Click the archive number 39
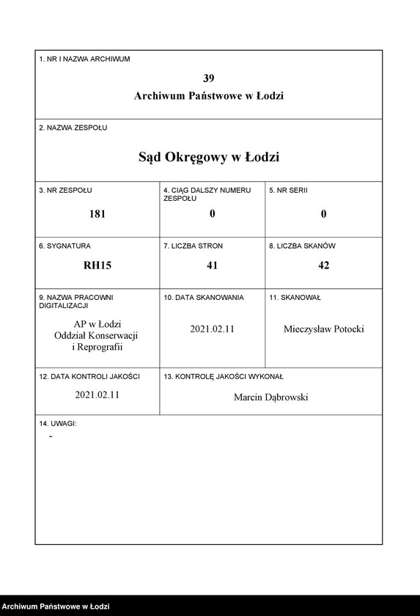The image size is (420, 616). [x=209, y=78]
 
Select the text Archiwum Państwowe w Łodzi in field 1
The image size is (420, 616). [x=209, y=96]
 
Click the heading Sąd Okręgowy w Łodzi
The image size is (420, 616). [x=209, y=157]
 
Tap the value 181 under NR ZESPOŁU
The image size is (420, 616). [x=97, y=214]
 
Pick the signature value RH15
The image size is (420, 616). [x=97, y=265]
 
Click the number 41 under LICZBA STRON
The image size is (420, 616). [x=212, y=265]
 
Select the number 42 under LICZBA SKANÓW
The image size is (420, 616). [x=323, y=265]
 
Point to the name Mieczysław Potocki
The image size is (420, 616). [x=323, y=329]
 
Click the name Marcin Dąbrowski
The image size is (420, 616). [x=271, y=397]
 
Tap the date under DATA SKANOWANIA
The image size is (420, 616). [x=212, y=329]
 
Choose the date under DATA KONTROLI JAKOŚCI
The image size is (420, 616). [x=97, y=394]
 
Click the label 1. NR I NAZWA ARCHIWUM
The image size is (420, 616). [x=84, y=59]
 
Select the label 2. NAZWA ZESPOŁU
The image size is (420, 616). [x=73, y=128]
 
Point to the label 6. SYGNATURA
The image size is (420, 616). [x=65, y=246]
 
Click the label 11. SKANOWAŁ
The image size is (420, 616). [x=295, y=298]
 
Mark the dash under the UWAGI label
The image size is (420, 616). [x=51, y=437]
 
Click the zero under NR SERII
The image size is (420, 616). [x=323, y=214]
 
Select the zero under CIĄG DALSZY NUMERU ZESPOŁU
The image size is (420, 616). [x=212, y=214]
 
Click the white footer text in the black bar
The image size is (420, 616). [x=56, y=606]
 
